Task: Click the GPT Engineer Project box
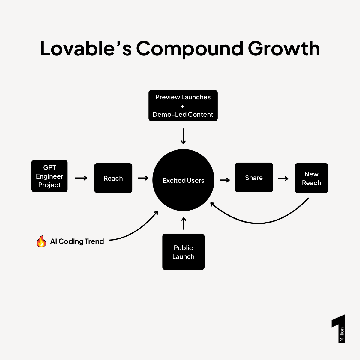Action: tap(49, 176)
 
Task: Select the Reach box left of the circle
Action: tap(113, 178)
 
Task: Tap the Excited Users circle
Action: tap(183, 180)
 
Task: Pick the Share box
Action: tap(254, 178)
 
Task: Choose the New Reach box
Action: tap(311, 178)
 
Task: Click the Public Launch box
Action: tap(183, 252)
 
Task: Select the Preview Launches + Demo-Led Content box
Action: tap(183, 106)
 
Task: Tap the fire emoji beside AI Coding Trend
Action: tap(41, 241)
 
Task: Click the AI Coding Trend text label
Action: tap(77, 241)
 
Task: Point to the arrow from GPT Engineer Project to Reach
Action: tap(81, 178)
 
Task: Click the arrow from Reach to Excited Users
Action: tap(143, 178)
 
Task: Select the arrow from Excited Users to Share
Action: tap(225, 180)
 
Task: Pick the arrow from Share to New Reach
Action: tap(283, 179)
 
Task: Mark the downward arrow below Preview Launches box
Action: tap(183, 136)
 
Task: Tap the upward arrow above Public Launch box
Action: tap(184, 223)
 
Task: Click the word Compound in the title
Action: tap(190, 49)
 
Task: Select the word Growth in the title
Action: tap(284, 49)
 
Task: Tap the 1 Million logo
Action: tap(339, 329)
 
